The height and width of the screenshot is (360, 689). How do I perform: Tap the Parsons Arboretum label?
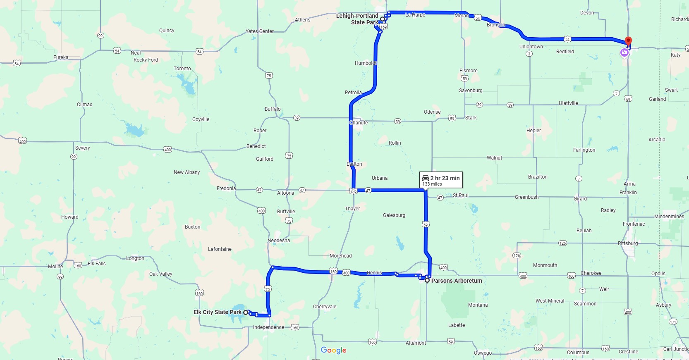pyautogui.click(x=457, y=281)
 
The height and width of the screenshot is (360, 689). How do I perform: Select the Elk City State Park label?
pyautogui.click(x=217, y=312)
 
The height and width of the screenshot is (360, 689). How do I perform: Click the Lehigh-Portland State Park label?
pyautogui.click(x=357, y=19)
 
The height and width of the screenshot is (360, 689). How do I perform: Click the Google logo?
pyautogui.click(x=333, y=350)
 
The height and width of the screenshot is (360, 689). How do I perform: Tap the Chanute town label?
pyautogui.click(x=359, y=123)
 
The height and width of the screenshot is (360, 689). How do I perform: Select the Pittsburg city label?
pyautogui.click(x=628, y=243)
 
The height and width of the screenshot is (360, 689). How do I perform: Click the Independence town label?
pyautogui.click(x=268, y=327)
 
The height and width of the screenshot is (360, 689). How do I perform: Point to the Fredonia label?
pyautogui.click(x=226, y=188)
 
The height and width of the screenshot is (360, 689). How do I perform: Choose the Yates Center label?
pyautogui.click(x=260, y=31)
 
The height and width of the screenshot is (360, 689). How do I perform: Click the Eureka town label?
pyautogui.click(x=61, y=57)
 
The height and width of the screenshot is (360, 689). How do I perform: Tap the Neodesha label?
pyautogui.click(x=279, y=241)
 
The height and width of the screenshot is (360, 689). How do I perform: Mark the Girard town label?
pyautogui.click(x=580, y=199)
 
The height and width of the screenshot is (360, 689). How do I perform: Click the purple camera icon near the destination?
pyautogui.click(x=624, y=52)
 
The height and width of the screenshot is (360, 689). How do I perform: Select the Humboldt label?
pyautogui.click(x=366, y=63)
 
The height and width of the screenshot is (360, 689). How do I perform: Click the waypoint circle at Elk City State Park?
pyautogui.click(x=246, y=312)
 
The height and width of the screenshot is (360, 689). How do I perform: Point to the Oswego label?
pyautogui.click(x=483, y=353)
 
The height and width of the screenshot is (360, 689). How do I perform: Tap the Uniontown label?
pyautogui.click(x=531, y=47)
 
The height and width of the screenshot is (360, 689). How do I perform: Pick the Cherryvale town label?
pyautogui.click(x=325, y=307)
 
